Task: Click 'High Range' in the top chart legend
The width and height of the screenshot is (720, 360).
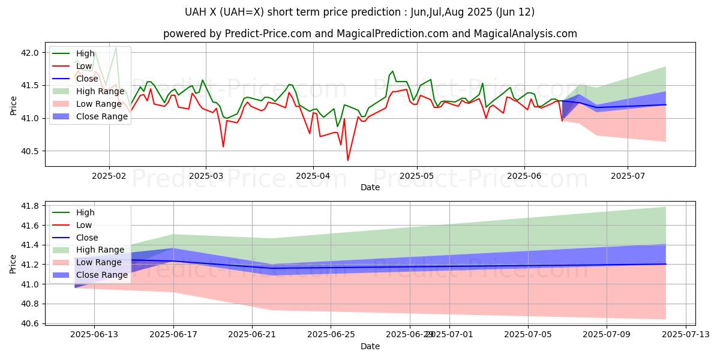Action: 100,91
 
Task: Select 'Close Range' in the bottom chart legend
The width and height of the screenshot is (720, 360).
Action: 102,275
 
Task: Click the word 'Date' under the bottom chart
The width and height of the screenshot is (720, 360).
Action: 370,347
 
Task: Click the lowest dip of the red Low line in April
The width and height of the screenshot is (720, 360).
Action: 347,160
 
